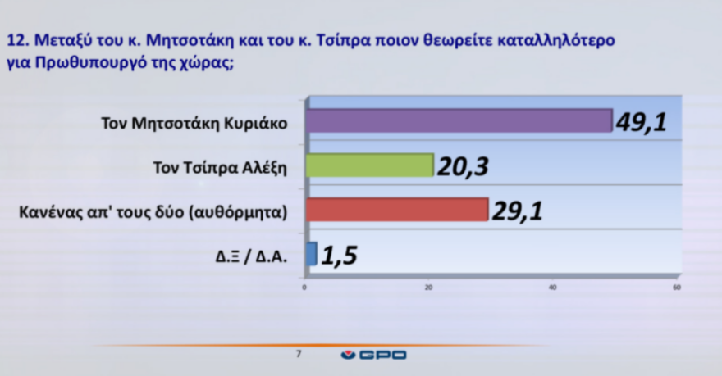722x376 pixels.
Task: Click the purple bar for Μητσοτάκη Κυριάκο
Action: [x=459, y=120]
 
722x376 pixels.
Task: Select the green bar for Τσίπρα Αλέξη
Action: [x=369, y=165]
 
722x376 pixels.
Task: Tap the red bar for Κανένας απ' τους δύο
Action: [x=397, y=210]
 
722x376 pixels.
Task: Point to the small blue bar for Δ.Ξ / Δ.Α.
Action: [x=311, y=254]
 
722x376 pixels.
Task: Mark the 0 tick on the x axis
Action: [x=304, y=288]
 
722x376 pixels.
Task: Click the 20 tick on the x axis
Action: [x=428, y=288]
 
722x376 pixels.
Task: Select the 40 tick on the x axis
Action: [x=552, y=288]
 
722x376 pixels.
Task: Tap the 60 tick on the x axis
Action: [x=676, y=288]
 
